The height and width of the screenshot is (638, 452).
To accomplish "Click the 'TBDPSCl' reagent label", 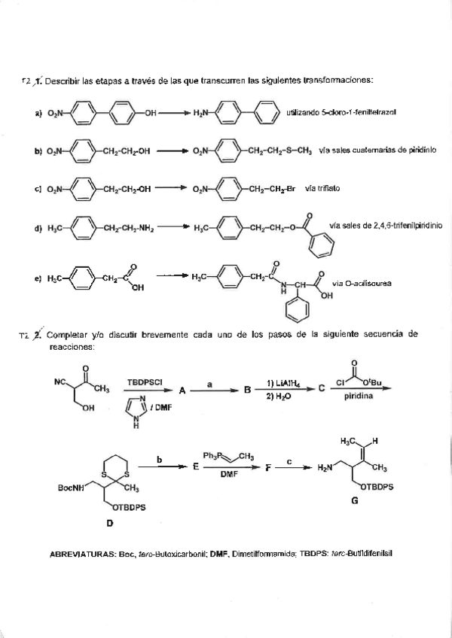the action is [x=145, y=381].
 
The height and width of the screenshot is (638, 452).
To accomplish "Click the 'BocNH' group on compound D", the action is [x=73, y=488].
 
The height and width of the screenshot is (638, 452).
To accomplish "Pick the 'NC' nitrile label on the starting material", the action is [x=60, y=381].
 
